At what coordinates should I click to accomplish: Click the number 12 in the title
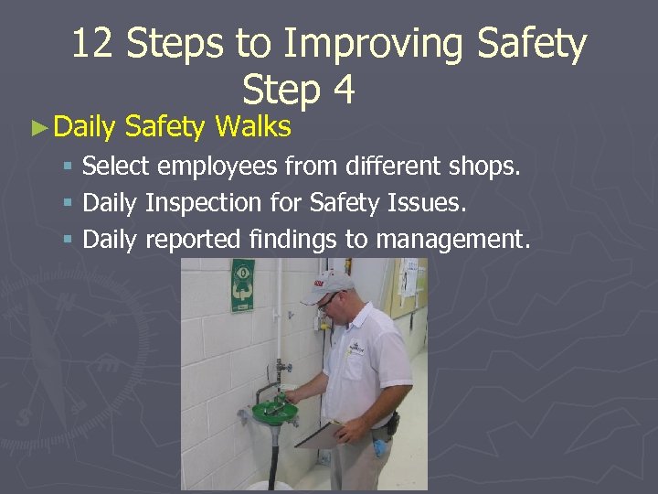pyautogui.click(x=92, y=44)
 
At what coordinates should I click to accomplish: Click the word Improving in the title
pyautogui.click(x=368, y=44)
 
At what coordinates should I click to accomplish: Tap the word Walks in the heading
pyautogui.click(x=252, y=126)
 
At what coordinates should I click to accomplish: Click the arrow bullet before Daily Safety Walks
pyautogui.click(x=38, y=127)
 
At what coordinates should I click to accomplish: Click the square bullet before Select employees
pyautogui.click(x=68, y=168)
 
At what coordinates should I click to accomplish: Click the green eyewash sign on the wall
pyautogui.click(x=242, y=281)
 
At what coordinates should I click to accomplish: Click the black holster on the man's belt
pyautogui.click(x=392, y=423)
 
